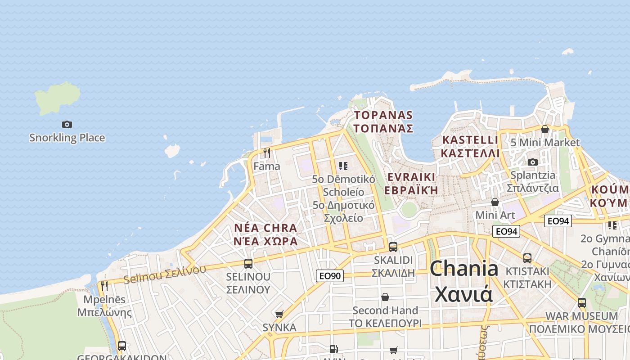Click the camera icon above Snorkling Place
point(67,124)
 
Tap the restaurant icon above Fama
point(267,153)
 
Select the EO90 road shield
point(330,275)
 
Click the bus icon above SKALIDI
point(393,247)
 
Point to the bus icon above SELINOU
point(248,264)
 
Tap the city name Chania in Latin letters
point(464,269)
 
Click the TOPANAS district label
point(383,115)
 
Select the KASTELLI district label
point(470,140)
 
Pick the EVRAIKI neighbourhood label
point(411,176)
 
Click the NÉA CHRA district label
point(265,228)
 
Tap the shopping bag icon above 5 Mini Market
point(545,130)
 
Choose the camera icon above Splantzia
point(533,162)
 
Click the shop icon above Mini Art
point(495,202)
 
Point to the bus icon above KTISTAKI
point(527,258)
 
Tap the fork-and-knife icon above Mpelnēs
point(104,286)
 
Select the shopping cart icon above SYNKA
point(279,314)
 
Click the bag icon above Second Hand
point(385,297)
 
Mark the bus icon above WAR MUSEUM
point(582,303)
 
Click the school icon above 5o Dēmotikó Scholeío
point(343,166)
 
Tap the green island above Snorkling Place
point(58,97)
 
